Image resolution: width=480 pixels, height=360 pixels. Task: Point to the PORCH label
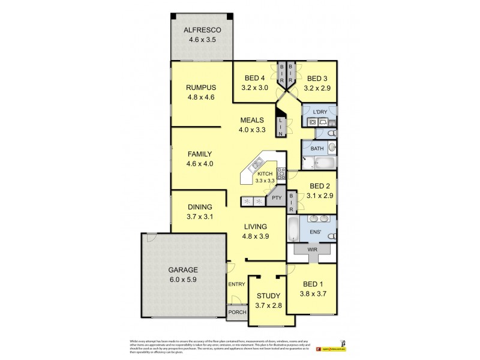[x=236, y=312]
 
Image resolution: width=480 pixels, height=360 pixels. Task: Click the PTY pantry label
[x=276, y=197]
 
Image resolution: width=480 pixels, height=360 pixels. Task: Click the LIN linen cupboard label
[x=281, y=127]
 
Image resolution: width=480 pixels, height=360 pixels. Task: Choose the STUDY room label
[x=268, y=296]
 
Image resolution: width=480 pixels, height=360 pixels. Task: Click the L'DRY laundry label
[x=319, y=111]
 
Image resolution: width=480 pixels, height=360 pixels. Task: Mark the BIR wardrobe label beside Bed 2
[x=292, y=202]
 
